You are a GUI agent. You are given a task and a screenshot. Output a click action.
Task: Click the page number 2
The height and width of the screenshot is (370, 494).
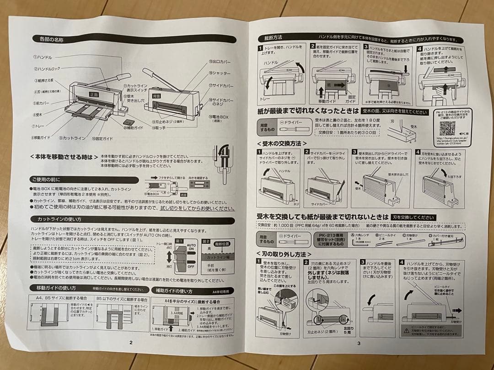click(x=131, y=342)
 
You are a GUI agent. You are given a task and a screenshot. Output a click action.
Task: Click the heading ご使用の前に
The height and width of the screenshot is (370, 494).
click(x=46, y=179)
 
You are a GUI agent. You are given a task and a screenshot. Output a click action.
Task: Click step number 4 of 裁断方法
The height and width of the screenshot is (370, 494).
click(x=419, y=47)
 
